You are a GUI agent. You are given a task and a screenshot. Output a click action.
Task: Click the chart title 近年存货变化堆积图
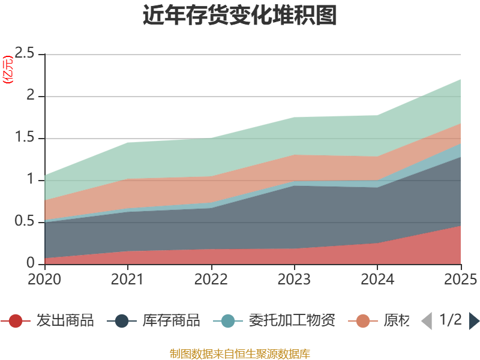pyautogui.click(x=240, y=16)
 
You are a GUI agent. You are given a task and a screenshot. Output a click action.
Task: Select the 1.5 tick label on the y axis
pyautogui.click(x=29, y=138)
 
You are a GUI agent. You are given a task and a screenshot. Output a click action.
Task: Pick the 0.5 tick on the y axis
pyautogui.click(x=29, y=222)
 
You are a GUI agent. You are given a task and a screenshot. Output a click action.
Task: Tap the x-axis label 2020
pyautogui.click(x=44, y=280)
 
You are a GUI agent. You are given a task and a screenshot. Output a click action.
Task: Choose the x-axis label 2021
pyautogui.click(x=128, y=280)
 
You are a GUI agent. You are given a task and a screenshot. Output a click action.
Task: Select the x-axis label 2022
pyautogui.click(x=211, y=280)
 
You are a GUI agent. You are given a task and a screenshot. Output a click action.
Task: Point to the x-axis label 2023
pyautogui.click(x=295, y=280)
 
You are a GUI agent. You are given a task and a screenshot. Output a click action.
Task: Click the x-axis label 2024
pyautogui.click(x=378, y=280)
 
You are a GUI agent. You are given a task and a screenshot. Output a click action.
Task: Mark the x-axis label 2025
pyautogui.click(x=460, y=280)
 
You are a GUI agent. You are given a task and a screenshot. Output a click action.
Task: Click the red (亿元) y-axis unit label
pyautogui.click(x=8, y=70)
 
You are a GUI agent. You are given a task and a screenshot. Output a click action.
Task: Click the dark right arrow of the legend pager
pyautogui.click(x=474, y=321)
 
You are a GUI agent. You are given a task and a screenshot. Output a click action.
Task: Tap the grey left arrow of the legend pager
pyautogui.click(x=427, y=321)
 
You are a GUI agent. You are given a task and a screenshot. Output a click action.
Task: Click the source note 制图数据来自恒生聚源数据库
pyautogui.click(x=240, y=353)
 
